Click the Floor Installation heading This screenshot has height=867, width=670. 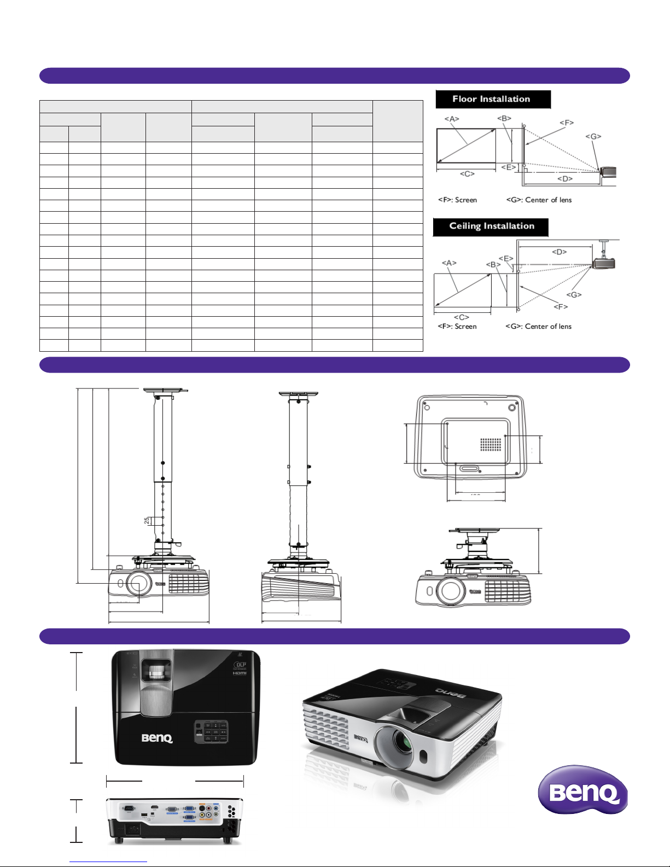pos(492,99)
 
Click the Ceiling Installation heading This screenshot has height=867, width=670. pos(491,226)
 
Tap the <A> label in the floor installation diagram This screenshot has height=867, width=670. pos(451,119)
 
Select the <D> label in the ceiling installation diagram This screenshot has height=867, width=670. pos(559,252)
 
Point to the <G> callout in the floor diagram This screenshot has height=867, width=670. pos(593,136)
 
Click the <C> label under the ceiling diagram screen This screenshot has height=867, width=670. pos(461,317)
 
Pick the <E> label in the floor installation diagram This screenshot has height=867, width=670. pos(509,167)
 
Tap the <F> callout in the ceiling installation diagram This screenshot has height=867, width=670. pos(561,306)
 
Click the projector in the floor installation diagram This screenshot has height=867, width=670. pos(608,172)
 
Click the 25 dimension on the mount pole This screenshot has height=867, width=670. pos(147,521)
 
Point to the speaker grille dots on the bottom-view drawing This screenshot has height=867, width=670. pos(491,445)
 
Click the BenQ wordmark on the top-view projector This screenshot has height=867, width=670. pos(157,738)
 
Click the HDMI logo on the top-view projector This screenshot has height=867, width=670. pos(240,673)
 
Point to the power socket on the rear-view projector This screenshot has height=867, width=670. pos(132,829)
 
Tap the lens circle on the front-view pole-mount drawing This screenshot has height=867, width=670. pos(137,584)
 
